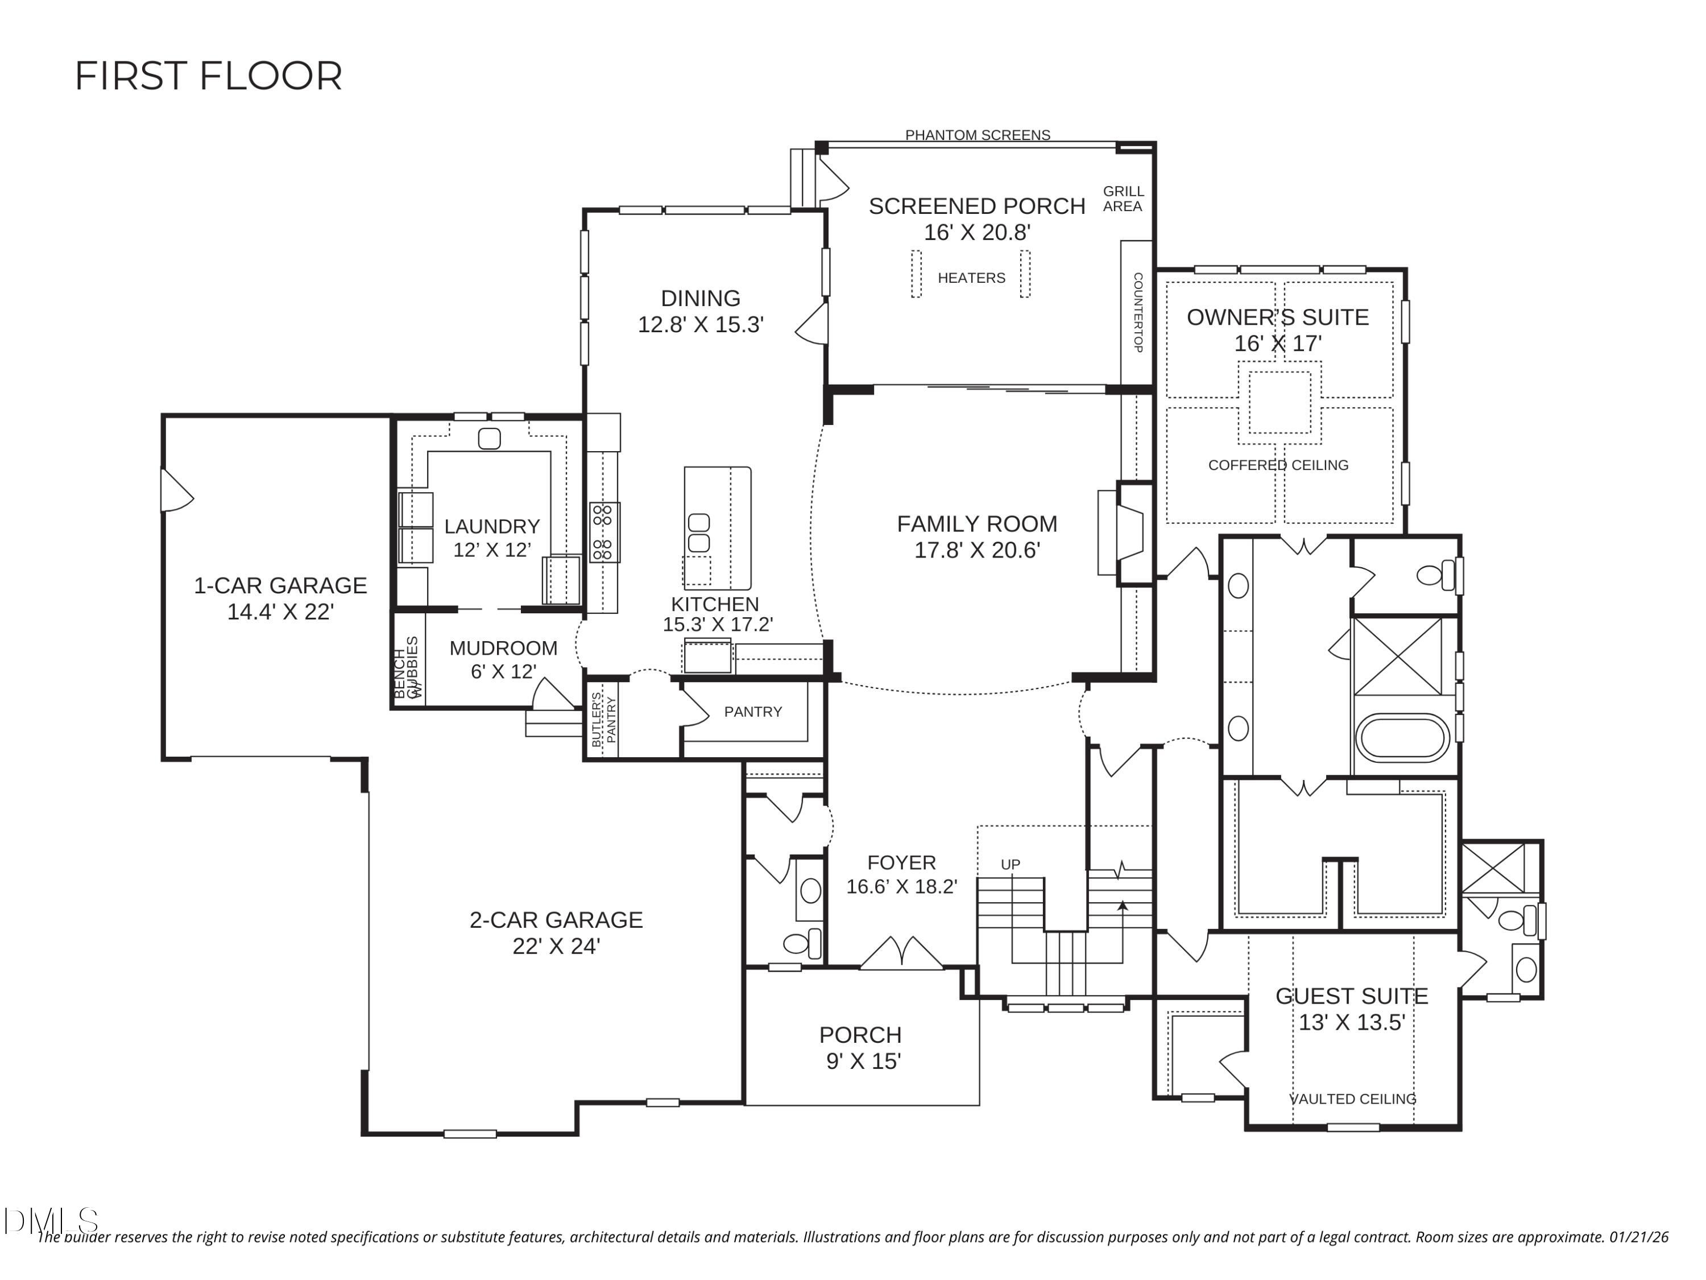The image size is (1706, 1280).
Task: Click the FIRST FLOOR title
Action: [x=208, y=76]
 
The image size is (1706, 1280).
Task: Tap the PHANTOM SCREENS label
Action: [x=977, y=135]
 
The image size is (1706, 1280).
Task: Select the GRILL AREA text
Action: [x=1123, y=199]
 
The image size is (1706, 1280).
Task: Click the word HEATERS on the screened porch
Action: [x=971, y=278]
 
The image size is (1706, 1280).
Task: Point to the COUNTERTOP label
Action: [x=1137, y=312]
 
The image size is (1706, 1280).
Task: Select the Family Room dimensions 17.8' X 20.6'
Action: [x=977, y=550]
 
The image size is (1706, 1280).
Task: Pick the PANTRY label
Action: [x=753, y=711]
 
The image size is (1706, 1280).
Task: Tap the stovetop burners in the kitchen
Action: [x=604, y=532]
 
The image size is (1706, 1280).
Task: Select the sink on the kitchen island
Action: [x=699, y=533]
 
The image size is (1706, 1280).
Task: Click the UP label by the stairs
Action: [x=1011, y=864]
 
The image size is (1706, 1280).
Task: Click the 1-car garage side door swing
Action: [x=175, y=492]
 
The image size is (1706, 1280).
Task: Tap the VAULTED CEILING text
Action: [x=1353, y=1099]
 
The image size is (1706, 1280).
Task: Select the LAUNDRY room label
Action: [x=492, y=526]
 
